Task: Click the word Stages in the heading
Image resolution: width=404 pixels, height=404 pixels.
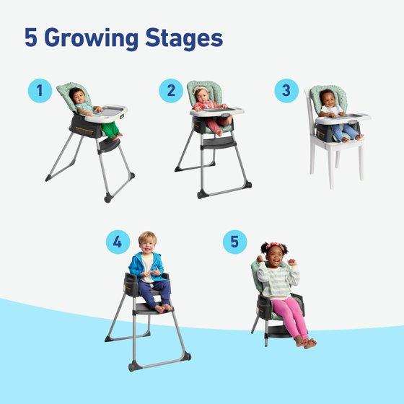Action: [184, 39]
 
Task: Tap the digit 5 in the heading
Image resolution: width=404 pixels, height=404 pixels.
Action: [30, 38]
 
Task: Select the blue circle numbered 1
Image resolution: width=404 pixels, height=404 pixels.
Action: [40, 91]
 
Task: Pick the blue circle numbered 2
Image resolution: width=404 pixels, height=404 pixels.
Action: [171, 91]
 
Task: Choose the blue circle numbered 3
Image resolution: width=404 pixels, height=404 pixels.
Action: [286, 91]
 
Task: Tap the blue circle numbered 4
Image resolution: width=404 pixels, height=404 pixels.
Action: [118, 242]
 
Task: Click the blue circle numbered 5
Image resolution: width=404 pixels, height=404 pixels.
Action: [234, 242]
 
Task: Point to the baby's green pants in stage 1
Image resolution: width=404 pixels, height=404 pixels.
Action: [111, 128]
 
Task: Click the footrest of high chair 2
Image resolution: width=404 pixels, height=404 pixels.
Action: [217, 142]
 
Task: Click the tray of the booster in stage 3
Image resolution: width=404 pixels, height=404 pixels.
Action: [343, 119]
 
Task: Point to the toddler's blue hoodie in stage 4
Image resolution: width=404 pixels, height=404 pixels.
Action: [146, 266]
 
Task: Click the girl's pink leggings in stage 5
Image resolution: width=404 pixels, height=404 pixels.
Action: [291, 317]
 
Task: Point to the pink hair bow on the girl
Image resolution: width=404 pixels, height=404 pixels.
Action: [275, 245]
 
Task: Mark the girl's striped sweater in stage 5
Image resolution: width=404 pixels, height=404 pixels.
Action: [278, 281]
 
